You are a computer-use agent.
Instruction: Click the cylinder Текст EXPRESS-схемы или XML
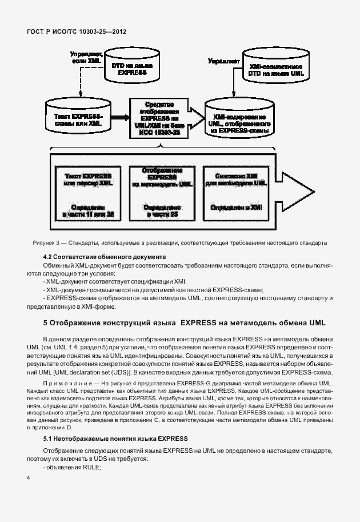click(x=74, y=119)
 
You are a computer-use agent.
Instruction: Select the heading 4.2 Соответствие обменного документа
click(x=105, y=257)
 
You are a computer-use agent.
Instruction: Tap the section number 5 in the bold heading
click(x=46, y=323)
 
